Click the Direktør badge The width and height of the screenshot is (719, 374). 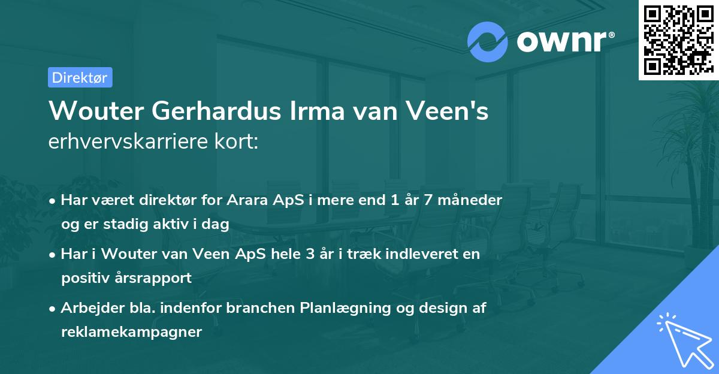tap(80, 77)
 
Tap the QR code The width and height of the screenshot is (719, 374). tap(677, 40)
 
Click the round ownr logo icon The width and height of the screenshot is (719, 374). tap(488, 41)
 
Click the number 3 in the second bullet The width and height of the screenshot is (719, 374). tap(310, 254)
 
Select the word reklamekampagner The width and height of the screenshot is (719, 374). tap(131, 332)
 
